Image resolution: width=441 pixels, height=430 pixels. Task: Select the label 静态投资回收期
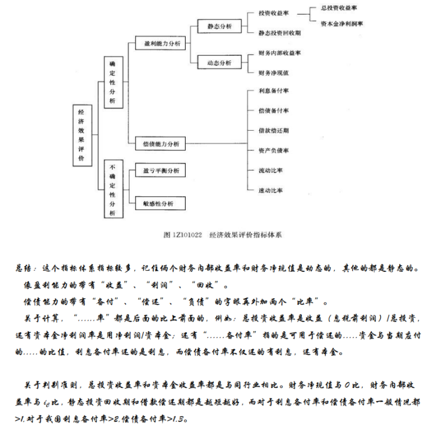279,33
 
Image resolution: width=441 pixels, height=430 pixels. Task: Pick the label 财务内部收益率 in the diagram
279,52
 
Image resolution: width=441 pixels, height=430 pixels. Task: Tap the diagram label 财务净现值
273,72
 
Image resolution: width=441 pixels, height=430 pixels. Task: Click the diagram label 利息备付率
273,91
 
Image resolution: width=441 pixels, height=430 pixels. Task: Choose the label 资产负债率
273,150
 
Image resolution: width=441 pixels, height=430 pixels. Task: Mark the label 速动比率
270,190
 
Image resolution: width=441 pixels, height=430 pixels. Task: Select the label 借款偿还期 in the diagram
273,131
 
